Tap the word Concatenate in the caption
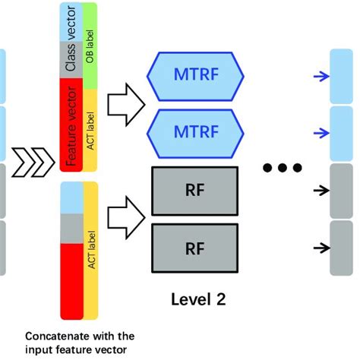(55, 335)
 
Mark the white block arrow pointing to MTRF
(124, 103)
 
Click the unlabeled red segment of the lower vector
(71, 281)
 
